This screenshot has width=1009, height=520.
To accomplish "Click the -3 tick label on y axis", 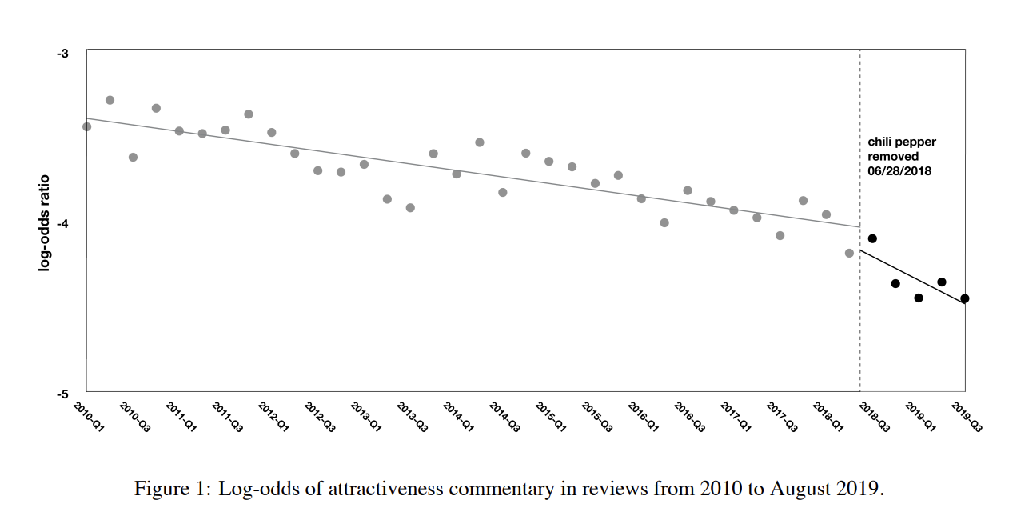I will point(62,54).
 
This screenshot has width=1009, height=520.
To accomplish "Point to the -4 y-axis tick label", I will point(62,224).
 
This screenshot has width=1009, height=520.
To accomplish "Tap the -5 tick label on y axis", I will point(62,394).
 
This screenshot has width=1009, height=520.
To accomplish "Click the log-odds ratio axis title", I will point(45,222).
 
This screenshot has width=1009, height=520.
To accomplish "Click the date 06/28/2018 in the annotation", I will point(899,171).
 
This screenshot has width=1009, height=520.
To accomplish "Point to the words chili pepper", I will point(902,142).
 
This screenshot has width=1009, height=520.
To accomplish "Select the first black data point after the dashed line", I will point(872,238).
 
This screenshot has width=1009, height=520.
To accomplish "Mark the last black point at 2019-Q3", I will point(965,298).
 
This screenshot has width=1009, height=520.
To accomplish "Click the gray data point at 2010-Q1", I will point(86,126).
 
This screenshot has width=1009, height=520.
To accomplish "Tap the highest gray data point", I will point(110,100).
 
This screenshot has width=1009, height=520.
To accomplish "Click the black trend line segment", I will point(911,276).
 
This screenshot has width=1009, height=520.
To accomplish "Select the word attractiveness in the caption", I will point(385,489).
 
